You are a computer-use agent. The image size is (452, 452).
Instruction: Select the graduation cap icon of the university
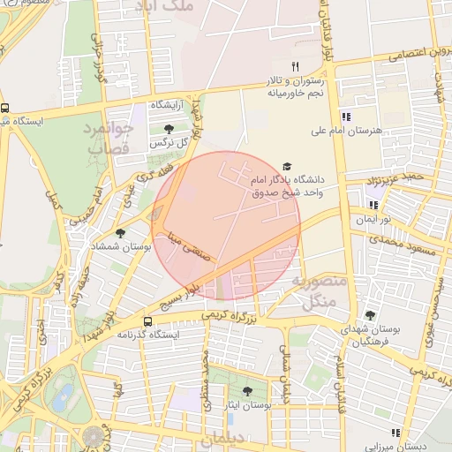[286, 166]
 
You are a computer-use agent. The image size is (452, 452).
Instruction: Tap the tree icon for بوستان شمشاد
[120, 233]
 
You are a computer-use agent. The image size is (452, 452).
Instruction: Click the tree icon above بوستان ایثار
[246, 390]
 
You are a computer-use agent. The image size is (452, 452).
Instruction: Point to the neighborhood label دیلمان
[227, 439]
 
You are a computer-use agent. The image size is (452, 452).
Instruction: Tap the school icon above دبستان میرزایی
[395, 433]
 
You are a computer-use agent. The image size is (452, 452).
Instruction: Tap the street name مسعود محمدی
[397, 239]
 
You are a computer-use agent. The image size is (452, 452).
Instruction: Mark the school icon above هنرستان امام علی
[346, 116]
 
